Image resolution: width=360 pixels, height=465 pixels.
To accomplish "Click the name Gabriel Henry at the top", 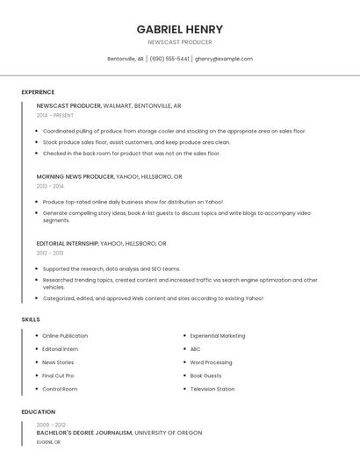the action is tap(179, 29).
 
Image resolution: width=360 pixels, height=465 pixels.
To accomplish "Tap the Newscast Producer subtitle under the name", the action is tap(179, 42).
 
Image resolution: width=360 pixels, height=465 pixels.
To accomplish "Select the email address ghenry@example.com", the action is tap(224, 59).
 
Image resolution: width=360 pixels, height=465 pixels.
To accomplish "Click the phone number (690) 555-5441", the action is tap(169, 59).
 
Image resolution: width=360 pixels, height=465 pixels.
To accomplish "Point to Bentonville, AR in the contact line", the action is tap(126, 59).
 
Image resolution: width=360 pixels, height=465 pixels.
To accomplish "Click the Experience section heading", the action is tap(38, 92).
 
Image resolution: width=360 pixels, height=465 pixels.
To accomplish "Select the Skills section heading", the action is tap(31, 319).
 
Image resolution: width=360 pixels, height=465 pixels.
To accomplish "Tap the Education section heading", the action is tap(38, 411).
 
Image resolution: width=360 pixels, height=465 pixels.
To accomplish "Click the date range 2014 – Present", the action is tap(55, 115).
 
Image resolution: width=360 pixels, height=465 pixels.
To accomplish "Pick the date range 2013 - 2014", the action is tap(50, 186).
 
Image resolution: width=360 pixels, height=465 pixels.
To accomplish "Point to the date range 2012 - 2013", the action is tap(50, 253).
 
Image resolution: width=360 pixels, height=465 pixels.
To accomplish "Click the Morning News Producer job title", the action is tap(76, 176).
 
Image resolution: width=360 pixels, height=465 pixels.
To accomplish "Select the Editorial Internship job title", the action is tap(68, 243).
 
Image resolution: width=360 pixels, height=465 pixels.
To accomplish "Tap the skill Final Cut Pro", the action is tap(58, 376).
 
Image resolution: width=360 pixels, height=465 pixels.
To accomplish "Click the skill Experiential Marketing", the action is tap(218, 336).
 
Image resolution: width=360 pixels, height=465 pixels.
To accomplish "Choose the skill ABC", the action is tap(195, 349).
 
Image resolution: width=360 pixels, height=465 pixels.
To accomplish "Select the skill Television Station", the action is tap(212, 389).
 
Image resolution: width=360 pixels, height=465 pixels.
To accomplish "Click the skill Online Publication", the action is tap(65, 336).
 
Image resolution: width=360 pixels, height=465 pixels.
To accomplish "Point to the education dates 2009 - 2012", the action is tap(51, 425).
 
